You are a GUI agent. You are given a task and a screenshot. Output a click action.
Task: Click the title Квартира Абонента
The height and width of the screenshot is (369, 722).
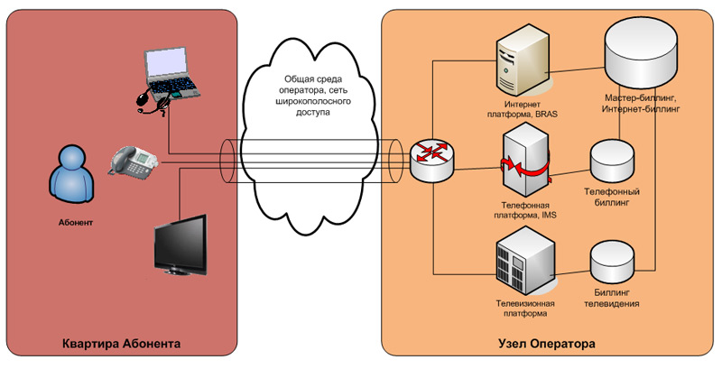(x=122, y=345)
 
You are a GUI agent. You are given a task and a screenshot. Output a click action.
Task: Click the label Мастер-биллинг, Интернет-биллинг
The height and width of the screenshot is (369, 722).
(x=640, y=102)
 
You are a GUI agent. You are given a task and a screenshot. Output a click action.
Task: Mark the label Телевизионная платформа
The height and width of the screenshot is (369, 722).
(x=522, y=309)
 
